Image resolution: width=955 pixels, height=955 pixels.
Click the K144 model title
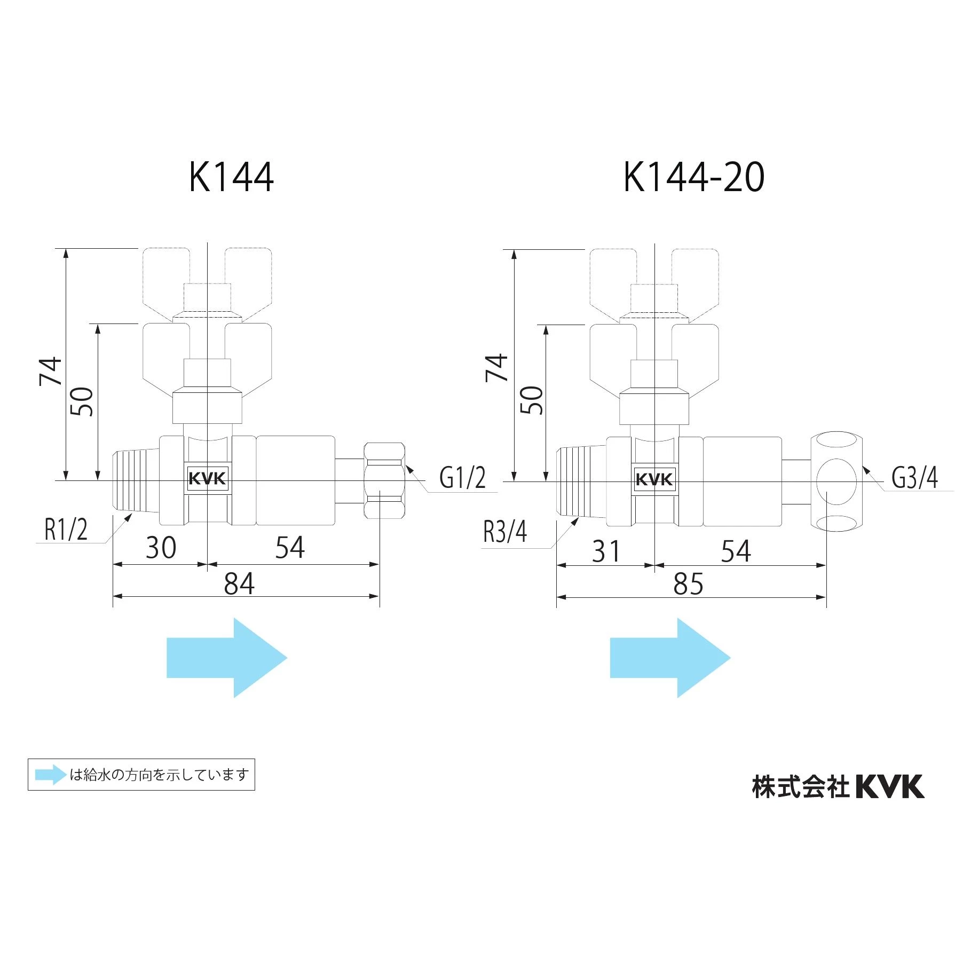[231, 177]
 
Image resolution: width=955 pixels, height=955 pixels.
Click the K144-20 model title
[694, 177]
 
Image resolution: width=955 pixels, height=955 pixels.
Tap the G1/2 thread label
[462, 477]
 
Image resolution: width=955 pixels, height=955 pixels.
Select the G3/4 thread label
[914, 477]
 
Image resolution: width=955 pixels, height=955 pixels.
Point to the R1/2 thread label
[66, 530]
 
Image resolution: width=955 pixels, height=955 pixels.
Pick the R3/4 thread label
[505, 532]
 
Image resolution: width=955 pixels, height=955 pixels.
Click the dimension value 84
[239, 583]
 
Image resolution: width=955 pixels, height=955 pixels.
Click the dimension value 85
[688, 583]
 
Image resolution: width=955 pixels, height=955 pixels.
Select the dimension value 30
[161, 548]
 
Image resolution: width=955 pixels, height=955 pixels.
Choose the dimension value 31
[606, 551]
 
